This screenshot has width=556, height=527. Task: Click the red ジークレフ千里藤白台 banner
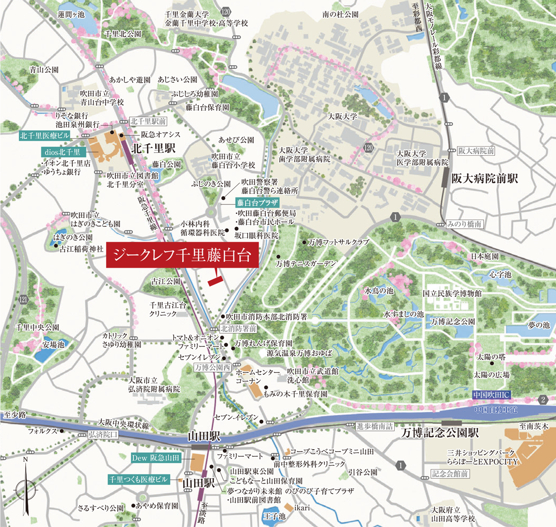pos(182,256)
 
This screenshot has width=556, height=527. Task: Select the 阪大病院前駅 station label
pos(484,178)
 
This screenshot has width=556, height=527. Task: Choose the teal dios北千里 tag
pos(61,151)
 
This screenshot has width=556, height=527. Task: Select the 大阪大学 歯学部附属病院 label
pos(304,155)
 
